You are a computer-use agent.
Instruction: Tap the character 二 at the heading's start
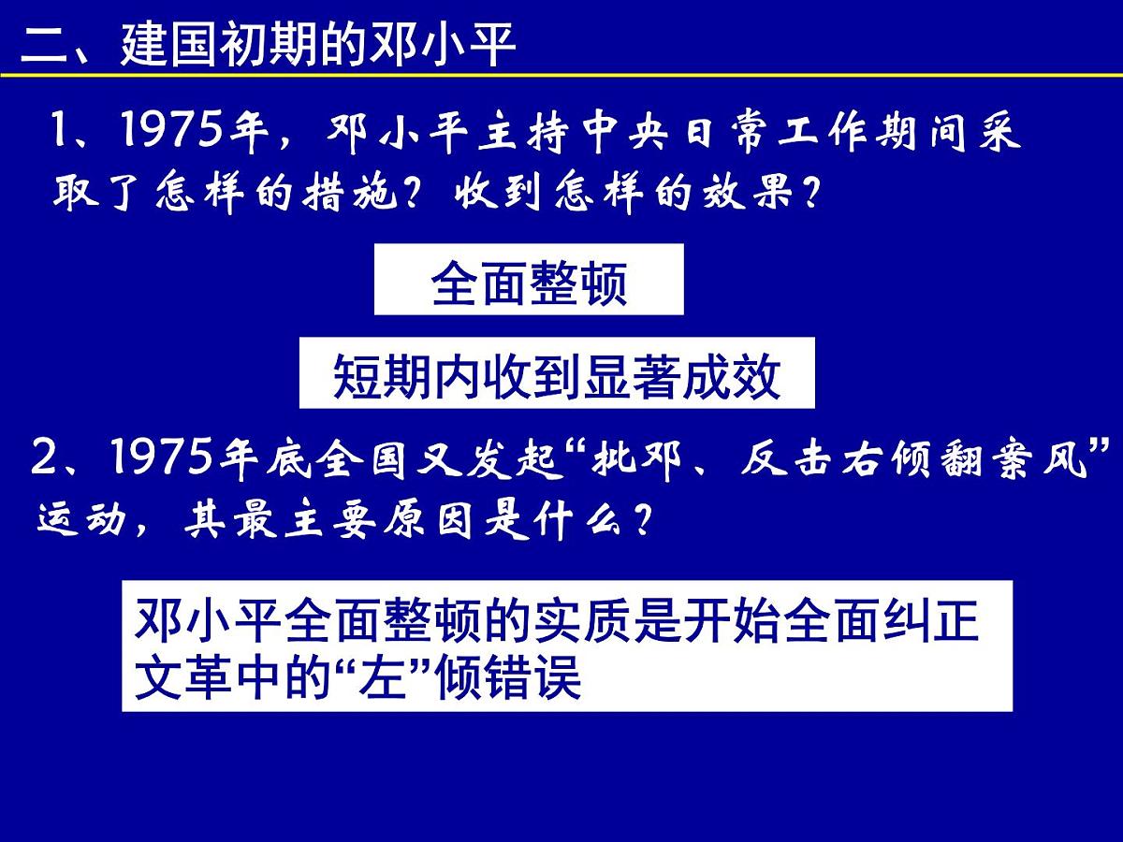pyautogui.click(x=44, y=44)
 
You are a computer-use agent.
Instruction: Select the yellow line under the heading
pyautogui.click(x=561, y=75)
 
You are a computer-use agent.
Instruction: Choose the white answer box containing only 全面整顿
pyautogui.click(x=529, y=280)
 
